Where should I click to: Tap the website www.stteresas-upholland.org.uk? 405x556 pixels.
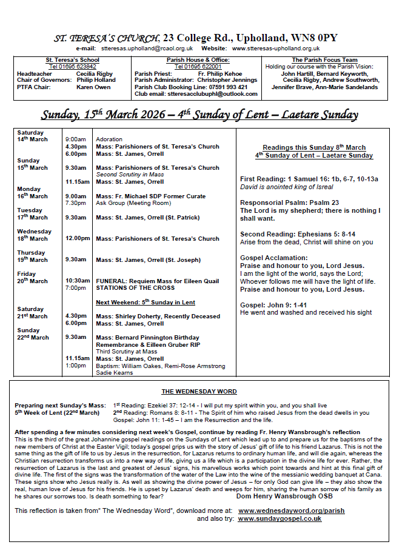pos(276,49)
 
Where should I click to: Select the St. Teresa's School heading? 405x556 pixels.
pos(73,60)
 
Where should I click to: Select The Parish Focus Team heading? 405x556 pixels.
pos(323,60)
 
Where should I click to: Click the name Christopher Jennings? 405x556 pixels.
pos(227,81)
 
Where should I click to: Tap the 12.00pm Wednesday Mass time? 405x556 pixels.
pos(78,239)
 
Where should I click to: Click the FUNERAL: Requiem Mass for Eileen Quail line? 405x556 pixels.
pos(158,281)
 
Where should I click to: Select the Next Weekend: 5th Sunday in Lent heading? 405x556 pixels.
pos(146,302)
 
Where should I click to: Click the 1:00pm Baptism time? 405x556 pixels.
pos(76,366)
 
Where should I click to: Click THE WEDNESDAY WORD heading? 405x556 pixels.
pos(199,392)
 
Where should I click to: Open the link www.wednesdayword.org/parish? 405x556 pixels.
pos(291,511)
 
